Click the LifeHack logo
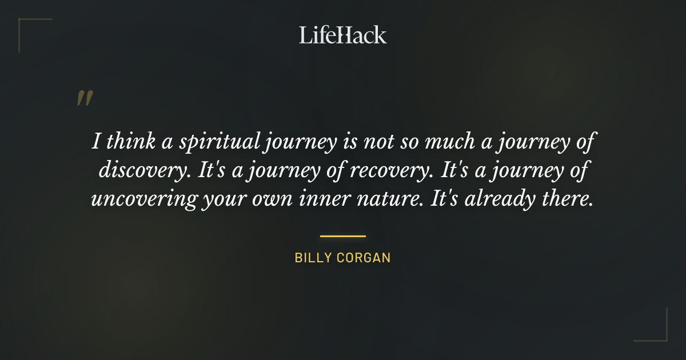tap(342, 35)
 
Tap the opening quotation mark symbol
tap(84, 99)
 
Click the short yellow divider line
tap(342, 235)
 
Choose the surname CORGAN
tap(364, 258)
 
